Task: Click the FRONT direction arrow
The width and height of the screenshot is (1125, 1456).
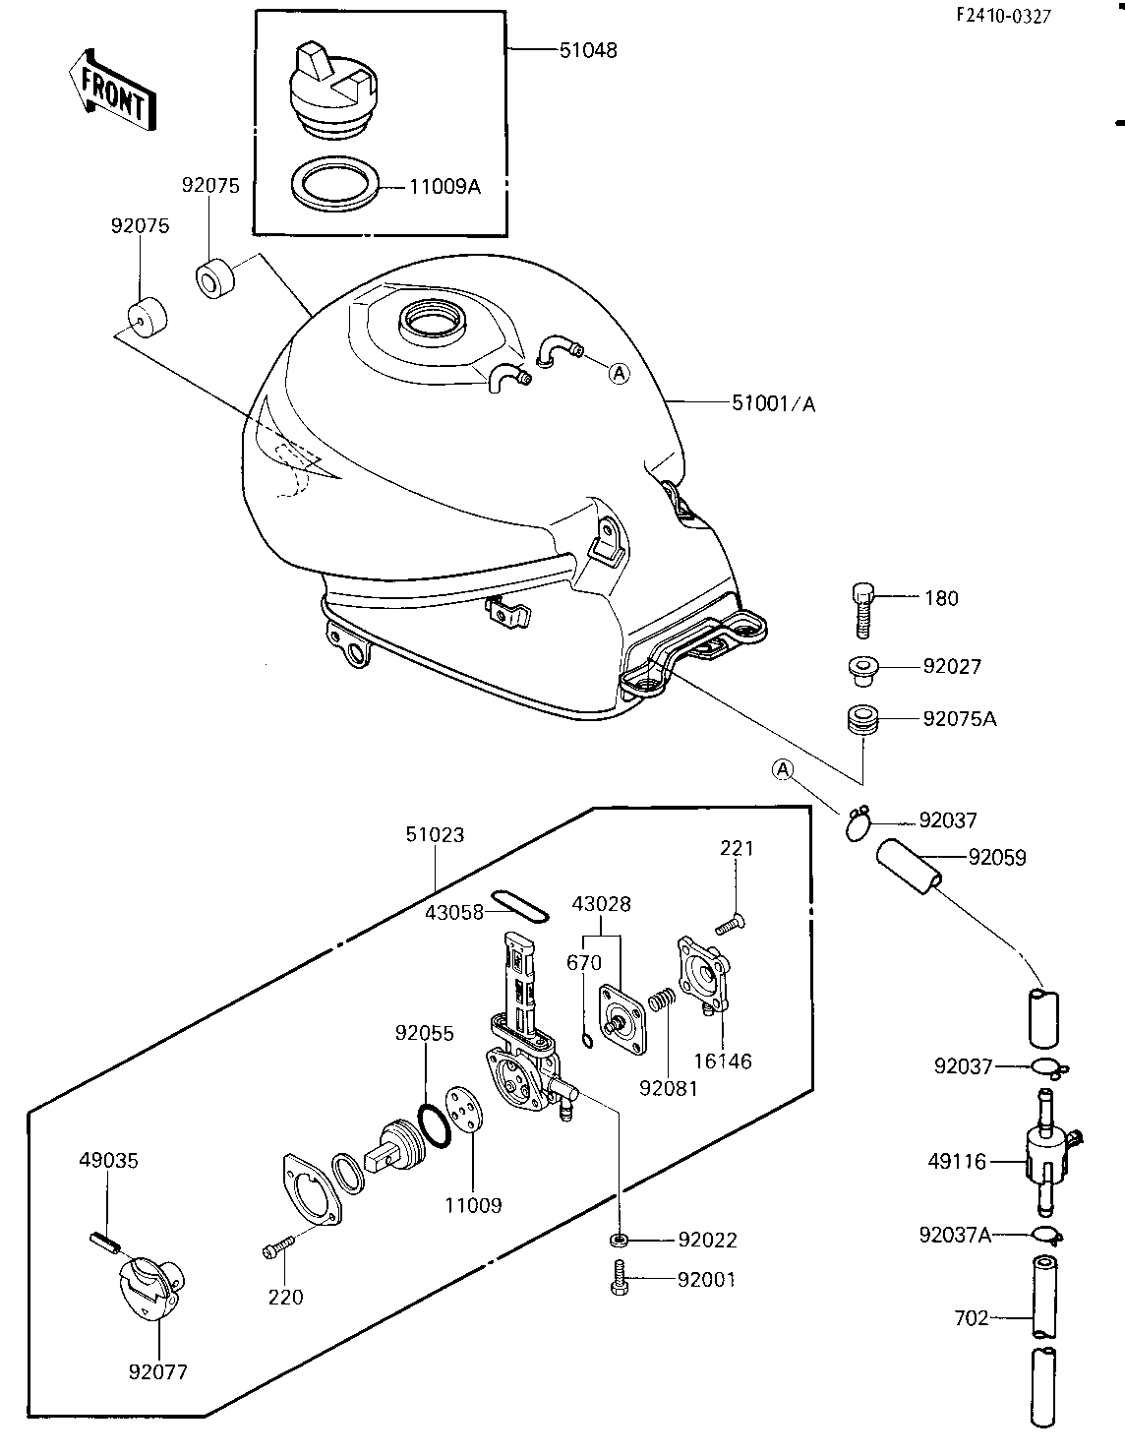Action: click(112, 91)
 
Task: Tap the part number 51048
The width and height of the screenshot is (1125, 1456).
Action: click(588, 50)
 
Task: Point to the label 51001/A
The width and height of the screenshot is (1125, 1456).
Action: click(773, 403)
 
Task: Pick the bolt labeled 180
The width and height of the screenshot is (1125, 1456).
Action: click(863, 610)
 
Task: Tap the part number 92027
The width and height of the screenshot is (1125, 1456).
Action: click(952, 666)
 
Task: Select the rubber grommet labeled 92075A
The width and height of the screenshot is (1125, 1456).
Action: click(862, 719)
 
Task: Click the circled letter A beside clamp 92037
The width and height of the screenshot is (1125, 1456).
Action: click(782, 770)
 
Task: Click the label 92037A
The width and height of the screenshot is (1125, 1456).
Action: click(955, 1235)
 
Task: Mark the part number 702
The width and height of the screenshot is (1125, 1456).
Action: click(972, 1318)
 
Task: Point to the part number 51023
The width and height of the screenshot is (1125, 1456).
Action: click(435, 834)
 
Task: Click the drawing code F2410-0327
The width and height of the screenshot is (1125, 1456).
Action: click(1003, 16)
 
